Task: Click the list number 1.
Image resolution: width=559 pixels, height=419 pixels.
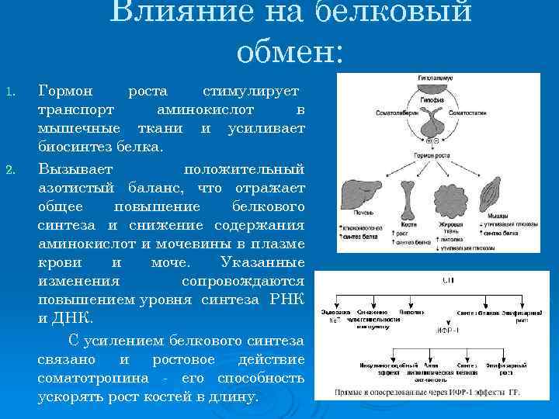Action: click(x=10, y=93)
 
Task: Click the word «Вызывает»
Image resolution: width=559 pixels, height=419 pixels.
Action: click(x=75, y=169)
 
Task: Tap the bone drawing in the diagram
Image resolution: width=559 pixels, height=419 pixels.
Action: click(x=408, y=197)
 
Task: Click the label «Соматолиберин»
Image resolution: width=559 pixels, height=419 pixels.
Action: click(x=397, y=113)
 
